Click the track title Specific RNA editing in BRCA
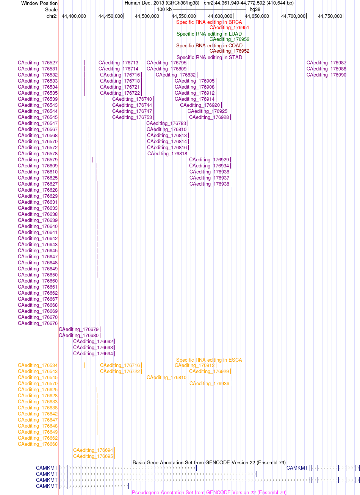pos(209,22)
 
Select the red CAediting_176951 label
pos(229,28)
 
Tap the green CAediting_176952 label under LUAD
pos(229,39)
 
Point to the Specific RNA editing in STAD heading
pos(209,58)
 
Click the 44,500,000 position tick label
pos(147,16)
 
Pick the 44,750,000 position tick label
pos(330,16)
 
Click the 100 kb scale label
pos(164,9)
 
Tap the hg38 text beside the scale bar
pos(255,9)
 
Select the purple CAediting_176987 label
pos(326,63)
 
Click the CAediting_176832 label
pos(175,75)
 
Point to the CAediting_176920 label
pos(200,105)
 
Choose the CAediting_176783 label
pos(166,123)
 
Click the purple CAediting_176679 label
pos(79,329)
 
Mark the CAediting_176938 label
pos(210,184)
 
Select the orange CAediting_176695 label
pos(93,456)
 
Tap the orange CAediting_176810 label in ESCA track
pos(166,378)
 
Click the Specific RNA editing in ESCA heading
pos(209,360)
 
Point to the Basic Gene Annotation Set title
pos(209,462)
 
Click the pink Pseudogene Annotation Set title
pos(209,492)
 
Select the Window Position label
pos(39,3)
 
